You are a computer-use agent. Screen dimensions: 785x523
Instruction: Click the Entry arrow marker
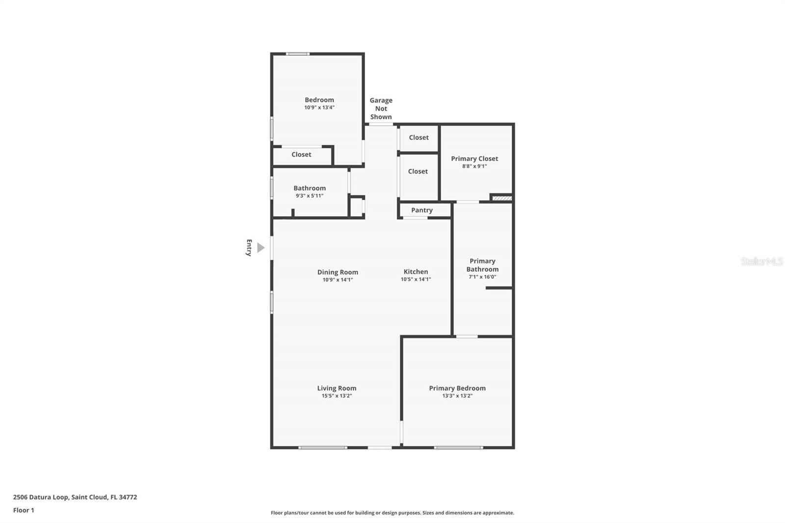coord(261,248)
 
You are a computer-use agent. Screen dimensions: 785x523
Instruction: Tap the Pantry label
coord(421,210)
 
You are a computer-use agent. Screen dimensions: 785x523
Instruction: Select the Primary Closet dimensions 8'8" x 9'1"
coord(474,166)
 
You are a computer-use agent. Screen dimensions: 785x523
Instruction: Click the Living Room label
coord(337,388)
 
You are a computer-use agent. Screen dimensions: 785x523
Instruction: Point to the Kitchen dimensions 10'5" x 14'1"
coord(416,279)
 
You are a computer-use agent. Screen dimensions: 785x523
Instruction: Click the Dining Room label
coord(338,272)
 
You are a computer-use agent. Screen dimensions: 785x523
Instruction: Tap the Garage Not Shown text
coord(381,108)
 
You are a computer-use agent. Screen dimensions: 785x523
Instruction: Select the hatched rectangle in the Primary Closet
coord(502,198)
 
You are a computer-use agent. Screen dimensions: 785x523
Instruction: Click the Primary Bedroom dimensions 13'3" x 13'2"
coord(457,396)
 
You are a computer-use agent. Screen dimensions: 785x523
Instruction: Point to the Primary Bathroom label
coord(483,265)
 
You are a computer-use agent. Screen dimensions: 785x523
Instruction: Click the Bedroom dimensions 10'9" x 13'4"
coord(319,107)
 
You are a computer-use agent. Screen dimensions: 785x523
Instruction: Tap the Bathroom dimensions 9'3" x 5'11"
coord(310,196)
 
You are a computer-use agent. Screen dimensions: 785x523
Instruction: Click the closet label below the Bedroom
coord(301,155)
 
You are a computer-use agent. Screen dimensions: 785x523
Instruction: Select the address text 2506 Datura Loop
coord(41,497)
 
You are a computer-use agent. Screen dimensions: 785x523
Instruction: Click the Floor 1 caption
coord(24,510)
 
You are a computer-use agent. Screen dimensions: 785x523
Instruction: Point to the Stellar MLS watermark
coord(761,261)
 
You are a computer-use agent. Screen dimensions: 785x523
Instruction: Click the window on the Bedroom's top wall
coord(297,54)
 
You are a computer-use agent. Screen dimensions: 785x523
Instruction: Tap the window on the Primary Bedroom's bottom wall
coord(458,447)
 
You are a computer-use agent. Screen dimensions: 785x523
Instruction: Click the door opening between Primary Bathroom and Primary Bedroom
coord(467,337)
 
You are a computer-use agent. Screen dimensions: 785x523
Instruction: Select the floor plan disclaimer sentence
coord(392,513)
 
